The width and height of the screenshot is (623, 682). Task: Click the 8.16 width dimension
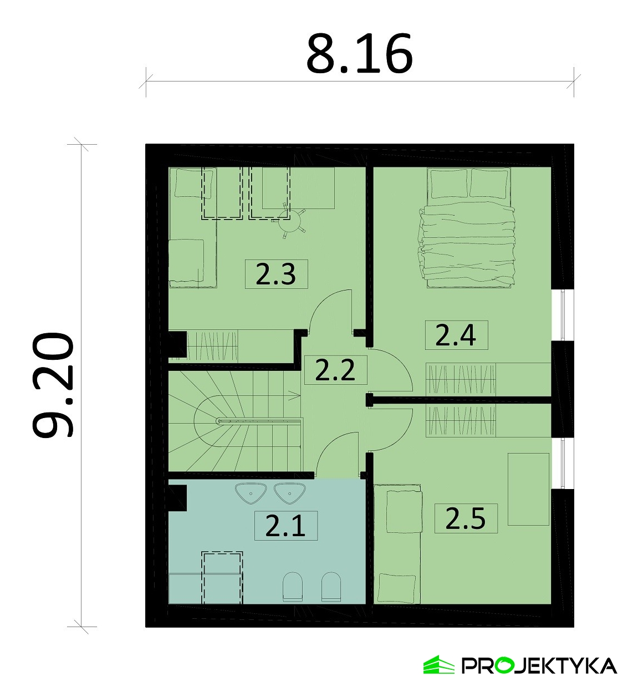coord(359,53)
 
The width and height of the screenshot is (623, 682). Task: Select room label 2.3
coord(276,274)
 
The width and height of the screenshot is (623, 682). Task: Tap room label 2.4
coord(456,335)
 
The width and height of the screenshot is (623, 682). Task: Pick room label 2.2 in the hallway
coord(335,370)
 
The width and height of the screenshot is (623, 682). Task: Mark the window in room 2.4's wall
coord(563,314)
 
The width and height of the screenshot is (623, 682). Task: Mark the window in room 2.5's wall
coord(563,464)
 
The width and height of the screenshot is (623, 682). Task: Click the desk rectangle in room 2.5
coord(529,489)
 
